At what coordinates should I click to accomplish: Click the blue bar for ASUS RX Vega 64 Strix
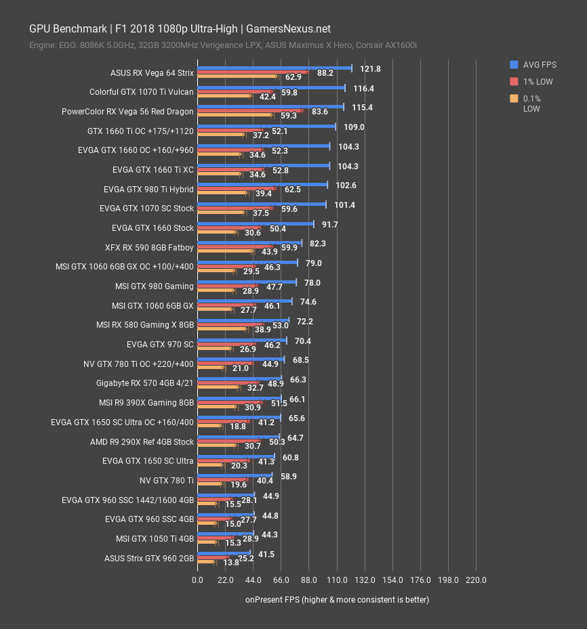pyautogui.click(x=275, y=68)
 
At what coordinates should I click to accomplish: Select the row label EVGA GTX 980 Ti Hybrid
pyautogui.click(x=148, y=190)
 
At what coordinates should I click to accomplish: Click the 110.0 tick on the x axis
pyautogui.click(x=337, y=580)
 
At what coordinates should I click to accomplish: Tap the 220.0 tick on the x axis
pyautogui.click(x=477, y=580)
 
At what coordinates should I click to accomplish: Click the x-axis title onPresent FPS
pyautogui.click(x=337, y=600)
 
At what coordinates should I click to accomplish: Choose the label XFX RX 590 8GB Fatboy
pyautogui.click(x=149, y=248)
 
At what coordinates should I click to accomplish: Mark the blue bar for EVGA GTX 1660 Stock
pyautogui.click(x=256, y=223)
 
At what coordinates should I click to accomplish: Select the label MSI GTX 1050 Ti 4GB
pyautogui.click(x=155, y=539)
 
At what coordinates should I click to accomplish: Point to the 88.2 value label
pyautogui.click(x=325, y=73)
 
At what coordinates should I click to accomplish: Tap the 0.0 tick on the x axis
pyautogui.click(x=197, y=580)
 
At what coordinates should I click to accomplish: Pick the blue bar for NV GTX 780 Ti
pyautogui.click(x=235, y=476)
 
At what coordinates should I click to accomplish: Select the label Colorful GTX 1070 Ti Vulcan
pyautogui.click(x=141, y=92)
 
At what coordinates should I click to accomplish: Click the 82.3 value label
pyautogui.click(x=318, y=244)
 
